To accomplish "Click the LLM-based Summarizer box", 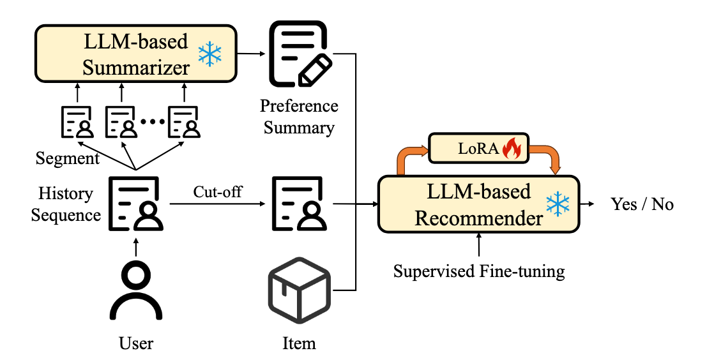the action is (135, 54).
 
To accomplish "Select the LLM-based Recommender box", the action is (478, 204).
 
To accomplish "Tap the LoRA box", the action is (478, 148).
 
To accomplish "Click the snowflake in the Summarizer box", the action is (210, 54).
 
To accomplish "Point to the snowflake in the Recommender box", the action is (558, 204).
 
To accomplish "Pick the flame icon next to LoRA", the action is (511, 148).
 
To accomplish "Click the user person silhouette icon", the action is (135, 291).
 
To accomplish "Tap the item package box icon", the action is (299, 290).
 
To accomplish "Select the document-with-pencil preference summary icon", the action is (301, 54).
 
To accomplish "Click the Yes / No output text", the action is (642, 204).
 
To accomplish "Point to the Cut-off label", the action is (217, 191).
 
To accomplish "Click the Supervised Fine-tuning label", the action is (479, 271).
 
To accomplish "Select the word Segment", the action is (68, 159).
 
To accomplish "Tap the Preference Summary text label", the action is (299, 117).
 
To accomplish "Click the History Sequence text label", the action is (66, 204).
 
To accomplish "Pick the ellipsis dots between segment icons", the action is (151, 121).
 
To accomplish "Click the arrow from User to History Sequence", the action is (135, 247).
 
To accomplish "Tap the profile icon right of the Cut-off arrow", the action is (299, 204).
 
